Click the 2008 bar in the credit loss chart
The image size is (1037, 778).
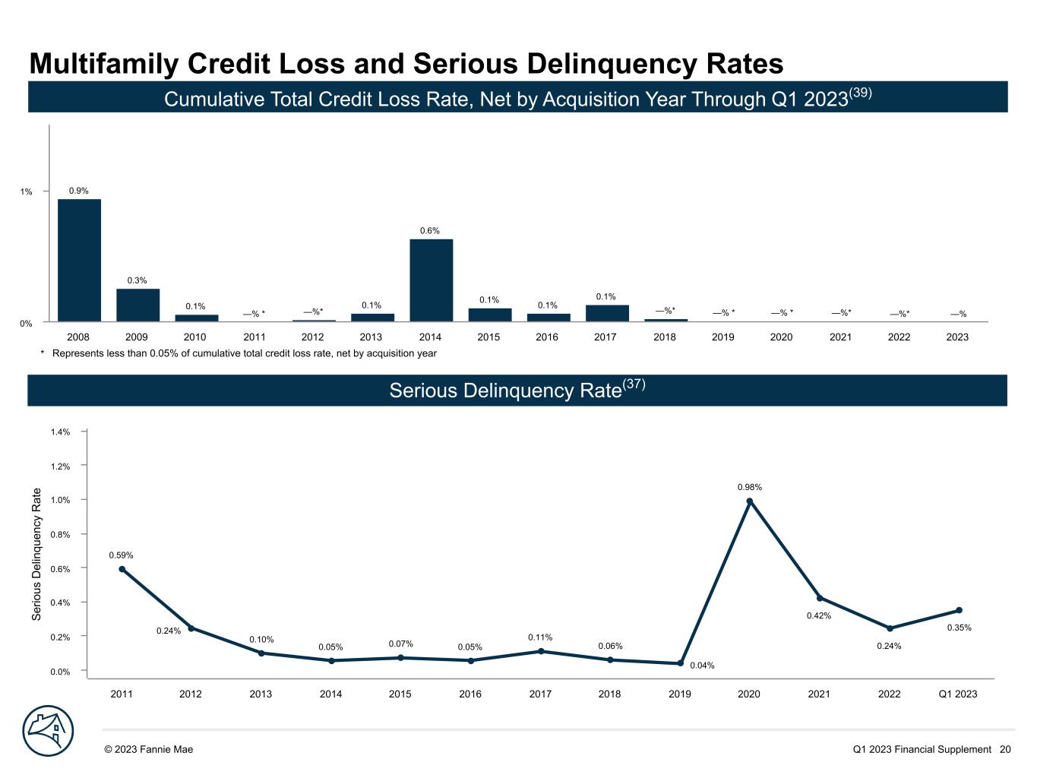[x=79, y=260]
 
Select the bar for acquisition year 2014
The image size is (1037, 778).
[x=431, y=280]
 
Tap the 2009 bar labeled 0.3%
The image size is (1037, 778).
[x=138, y=305]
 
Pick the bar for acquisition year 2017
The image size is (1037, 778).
[x=606, y=313]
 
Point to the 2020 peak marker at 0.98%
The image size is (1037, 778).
[x=750, y=501]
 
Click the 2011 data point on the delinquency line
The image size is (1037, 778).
[x=122, y=569]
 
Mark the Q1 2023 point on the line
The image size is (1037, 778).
[x=959, y=610]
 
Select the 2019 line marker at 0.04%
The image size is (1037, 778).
[x=680, y=663]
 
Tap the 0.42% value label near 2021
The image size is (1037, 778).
[x=819, y=616]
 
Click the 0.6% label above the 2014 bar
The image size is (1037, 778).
[x=430, y=231]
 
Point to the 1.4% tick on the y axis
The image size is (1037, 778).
[x=61, y=432]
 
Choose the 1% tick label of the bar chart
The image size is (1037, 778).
[x=27, y=192]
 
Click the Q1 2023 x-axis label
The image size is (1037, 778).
[x=958, y=694]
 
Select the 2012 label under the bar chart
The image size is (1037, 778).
[x=313, y=337]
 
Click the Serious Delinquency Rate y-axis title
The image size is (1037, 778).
[x=36, y=554]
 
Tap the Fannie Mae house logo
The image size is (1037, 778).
[x=48, y=731]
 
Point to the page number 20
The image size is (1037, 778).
[x=1005, y=749]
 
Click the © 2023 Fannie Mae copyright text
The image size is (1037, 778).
[x=149, y=749]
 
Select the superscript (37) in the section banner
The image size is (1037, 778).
[x=634, y=384]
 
